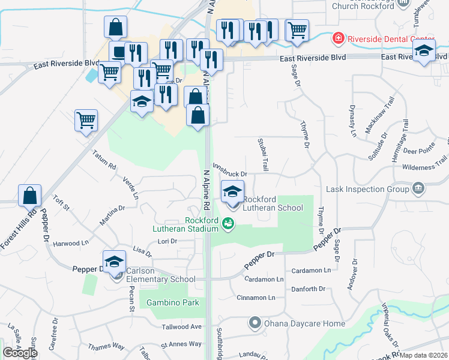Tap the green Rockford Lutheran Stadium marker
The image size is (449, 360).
(x=228, y=224)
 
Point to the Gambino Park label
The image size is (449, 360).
(x=173, y=303)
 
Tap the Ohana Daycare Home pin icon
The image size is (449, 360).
(x=255, y=323)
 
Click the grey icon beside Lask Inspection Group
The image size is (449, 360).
(x=418, y=189)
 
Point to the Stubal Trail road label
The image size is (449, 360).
(x=263, y=153)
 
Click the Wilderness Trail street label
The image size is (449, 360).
(x=424, y=164)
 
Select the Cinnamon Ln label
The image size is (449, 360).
(x=256, y=298)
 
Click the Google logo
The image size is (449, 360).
(x=20, y=353)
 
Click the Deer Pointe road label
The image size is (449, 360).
(x=418, y=151)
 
